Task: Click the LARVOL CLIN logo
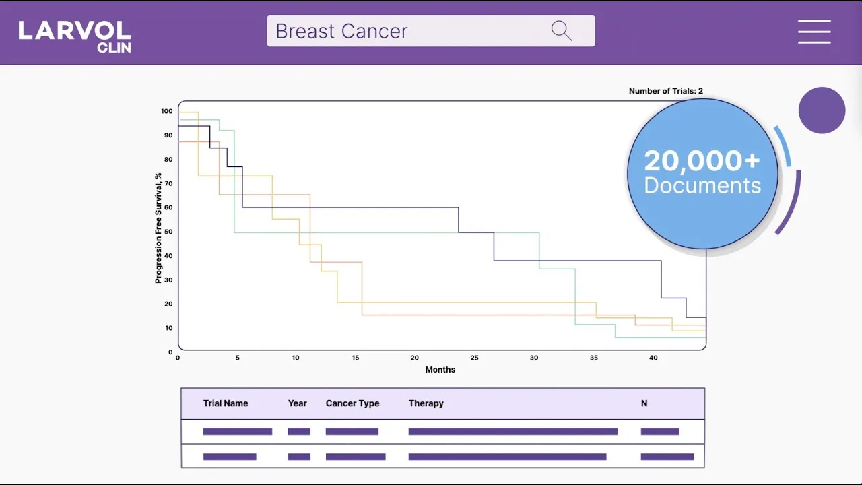[x=75, y=36]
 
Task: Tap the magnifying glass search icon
[x=561, y=31]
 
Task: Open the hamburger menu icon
[x=814, y=32]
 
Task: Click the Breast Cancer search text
[x=341, y=32]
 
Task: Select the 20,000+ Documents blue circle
[x=702, y=174]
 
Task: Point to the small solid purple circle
[x=822, y=110]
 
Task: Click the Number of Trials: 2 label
[x=665, y=91]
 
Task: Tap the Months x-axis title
[x=440, y=370]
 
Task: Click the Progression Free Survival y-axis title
[x=159, y=228]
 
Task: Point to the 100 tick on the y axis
[x=166, y=111]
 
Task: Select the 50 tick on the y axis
[x=168, y=232]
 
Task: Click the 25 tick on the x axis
[x=475, y=358]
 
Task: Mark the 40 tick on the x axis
[x=653, y=358]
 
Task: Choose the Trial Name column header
[x=226, y=403]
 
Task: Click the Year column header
[x=297, y=403]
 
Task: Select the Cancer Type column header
[x=352, y=403]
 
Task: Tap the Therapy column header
[x=426, y=403]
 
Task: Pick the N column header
[x=644, y=403]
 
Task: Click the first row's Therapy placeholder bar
[x=512, y=432]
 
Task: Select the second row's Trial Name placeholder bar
[x=230, y=457]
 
